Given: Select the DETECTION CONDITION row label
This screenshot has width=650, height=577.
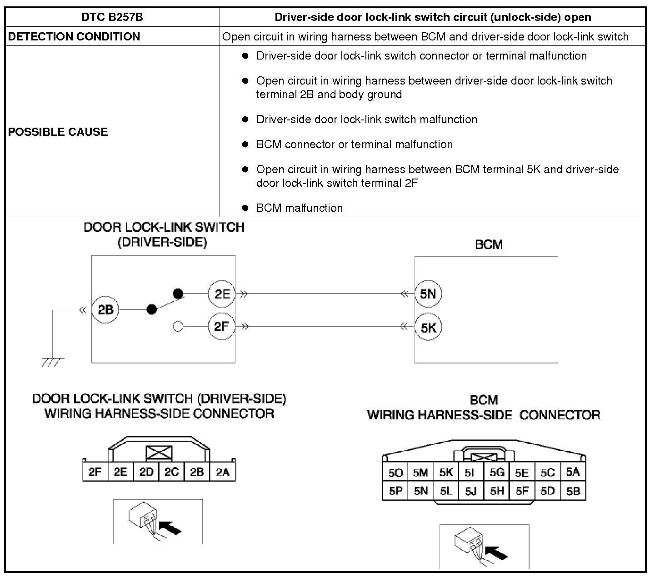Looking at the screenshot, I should [x=74, y=36].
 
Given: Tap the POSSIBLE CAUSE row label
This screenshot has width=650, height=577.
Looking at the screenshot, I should [x=58, y=132].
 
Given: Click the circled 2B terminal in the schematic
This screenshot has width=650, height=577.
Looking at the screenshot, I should [x=105, y=310].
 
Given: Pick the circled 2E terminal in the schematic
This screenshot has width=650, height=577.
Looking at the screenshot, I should [x=222, y=294].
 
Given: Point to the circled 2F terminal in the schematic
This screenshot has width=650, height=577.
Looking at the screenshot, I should [x=221, y=326].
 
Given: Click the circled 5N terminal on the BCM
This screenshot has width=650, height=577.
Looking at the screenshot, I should [x=428, y=293].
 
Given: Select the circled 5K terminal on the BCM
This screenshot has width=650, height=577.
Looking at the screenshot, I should [x=428, y=327].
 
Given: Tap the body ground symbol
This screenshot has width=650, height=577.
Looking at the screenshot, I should [x=53, y=361].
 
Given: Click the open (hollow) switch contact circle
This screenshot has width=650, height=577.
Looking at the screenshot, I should [x=178, y=326].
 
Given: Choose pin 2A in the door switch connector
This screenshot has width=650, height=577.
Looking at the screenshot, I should [x=222, y=472].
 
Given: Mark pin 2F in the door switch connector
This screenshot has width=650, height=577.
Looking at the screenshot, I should [x=95, y=472].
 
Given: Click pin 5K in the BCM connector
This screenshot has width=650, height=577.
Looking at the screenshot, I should [x=446, y=473].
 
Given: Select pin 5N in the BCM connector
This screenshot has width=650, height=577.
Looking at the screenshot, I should [x=421, y=491].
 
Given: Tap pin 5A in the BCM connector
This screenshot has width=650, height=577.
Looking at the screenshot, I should [x=573, y=472].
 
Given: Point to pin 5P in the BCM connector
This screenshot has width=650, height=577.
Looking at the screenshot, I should [x=395, y=491].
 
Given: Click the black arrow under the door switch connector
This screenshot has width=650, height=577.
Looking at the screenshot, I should [x=171, y=527].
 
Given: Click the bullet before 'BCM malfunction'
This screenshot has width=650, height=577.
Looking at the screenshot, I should [x=245, y=208].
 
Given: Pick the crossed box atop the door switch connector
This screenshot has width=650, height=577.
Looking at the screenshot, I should [x=159, y=453].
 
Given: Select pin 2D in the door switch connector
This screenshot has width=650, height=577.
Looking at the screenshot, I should [x=146, y=472].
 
